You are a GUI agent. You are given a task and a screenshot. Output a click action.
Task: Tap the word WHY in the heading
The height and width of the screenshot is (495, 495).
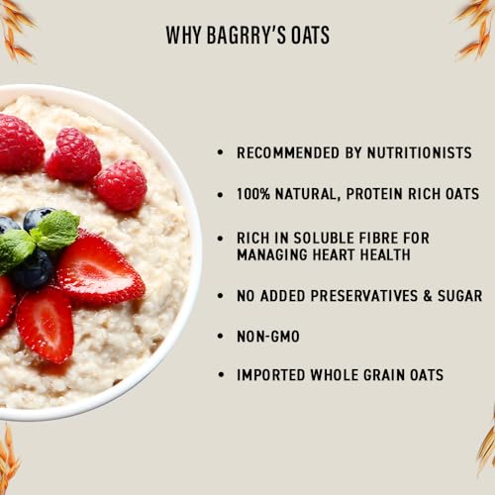coord(182,37)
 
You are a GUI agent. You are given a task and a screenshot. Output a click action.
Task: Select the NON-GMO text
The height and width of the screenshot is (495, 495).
coord(267,337)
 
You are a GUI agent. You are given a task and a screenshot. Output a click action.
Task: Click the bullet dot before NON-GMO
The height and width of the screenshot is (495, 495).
coord(220,338)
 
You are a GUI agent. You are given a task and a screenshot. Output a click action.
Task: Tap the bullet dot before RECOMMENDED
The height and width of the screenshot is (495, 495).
coord(220,154)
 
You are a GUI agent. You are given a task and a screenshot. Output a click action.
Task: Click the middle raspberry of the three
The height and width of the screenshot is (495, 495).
coord(73,155)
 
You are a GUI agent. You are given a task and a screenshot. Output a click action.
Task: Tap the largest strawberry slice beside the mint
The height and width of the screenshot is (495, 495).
coord(99,268)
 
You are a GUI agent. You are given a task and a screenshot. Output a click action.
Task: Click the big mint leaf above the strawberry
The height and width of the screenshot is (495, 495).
coord(57,229)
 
